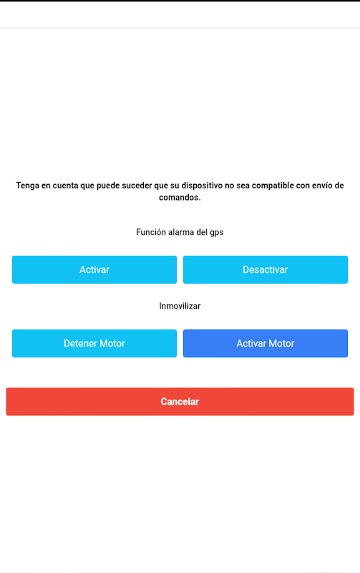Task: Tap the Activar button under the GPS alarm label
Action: coord(94,270)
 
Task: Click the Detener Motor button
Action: coord(94,344)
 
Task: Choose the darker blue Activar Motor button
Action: coord(266,344)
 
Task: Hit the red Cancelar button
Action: coord(180,402)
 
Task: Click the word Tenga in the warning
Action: coord(27,186)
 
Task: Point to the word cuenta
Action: coord(65,186)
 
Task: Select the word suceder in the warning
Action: coord(137,186)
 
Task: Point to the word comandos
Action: coord(180,198)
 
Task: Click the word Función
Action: coord(150,232)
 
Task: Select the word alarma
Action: coord(182,232)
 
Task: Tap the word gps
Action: coord(217,233)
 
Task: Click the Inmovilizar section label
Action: coord(180,306)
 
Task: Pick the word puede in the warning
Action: coord(108,186)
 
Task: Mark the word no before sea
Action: coord(229,186)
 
